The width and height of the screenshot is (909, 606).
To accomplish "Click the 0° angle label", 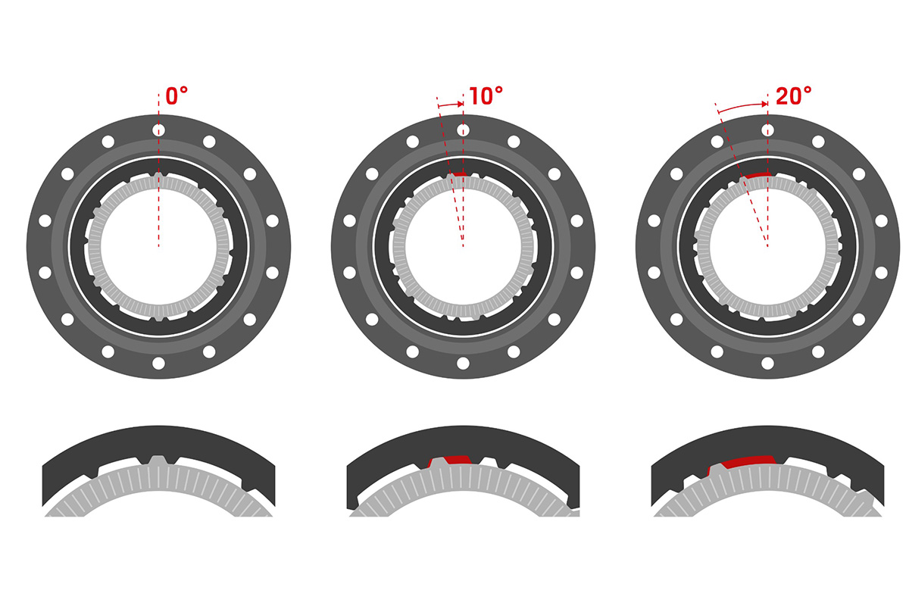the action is pos(177,95).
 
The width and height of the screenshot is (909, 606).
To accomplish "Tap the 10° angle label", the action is pos(486,95).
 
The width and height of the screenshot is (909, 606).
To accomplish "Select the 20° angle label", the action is pos(794,95).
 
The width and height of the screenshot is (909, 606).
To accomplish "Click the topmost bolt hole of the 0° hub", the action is pos(158,130).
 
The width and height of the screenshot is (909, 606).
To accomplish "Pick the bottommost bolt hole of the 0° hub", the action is pos(158,363).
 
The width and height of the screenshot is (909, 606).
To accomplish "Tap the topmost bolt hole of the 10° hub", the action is pos(463,130).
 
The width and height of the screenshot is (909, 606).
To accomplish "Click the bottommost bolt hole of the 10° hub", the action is pos(463,363).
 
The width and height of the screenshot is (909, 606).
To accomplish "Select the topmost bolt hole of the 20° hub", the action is pos(767,130).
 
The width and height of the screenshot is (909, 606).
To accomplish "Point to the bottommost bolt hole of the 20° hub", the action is pos(767,363).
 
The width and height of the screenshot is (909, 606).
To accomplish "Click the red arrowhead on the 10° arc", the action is pos(461,105).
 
